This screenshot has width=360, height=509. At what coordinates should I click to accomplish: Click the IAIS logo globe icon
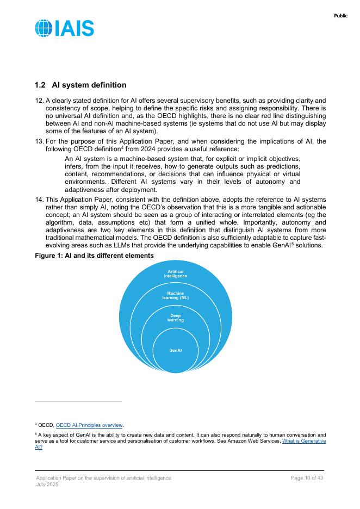[44, 28]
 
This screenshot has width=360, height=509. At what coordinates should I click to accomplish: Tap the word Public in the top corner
[340, 16]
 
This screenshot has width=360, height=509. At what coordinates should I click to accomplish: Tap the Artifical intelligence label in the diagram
[175, 274]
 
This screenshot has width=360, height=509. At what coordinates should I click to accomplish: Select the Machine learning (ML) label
[175, 296]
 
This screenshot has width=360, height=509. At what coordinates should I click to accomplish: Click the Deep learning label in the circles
[175, 318]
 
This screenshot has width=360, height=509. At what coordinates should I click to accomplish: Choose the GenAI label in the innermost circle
[175, 350]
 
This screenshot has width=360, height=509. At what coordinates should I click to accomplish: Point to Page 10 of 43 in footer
[307, 478]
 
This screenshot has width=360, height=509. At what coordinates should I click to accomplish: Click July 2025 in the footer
[47, 485]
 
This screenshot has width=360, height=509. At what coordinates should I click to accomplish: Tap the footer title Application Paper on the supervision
[103, 478]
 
